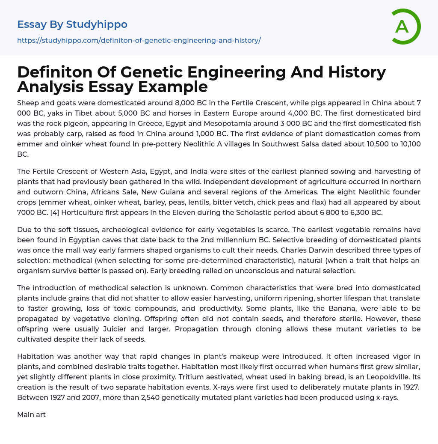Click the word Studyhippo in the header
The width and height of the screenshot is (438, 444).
coord(97,24)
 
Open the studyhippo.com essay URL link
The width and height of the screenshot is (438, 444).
coord(139,40)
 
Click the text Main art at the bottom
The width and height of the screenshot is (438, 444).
coord(31,414)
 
